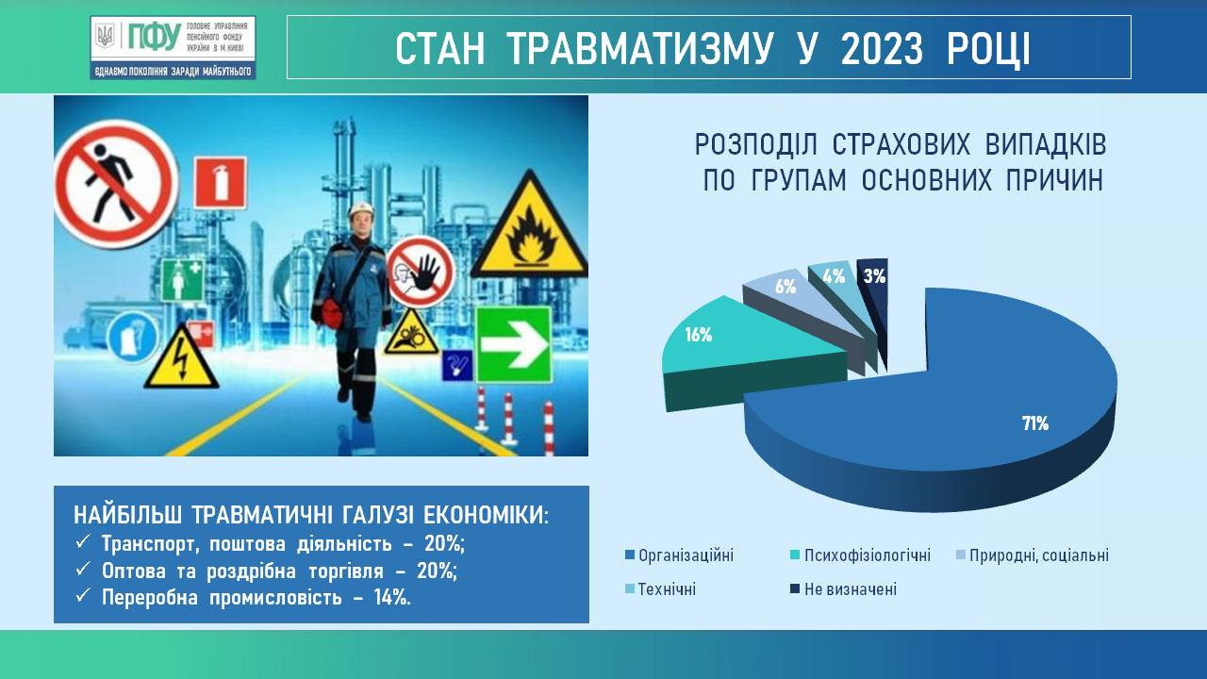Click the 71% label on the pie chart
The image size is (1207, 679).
[x=1035, y=423]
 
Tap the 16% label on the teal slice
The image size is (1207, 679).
[x=699, y=335]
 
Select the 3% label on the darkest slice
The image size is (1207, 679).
[x=874, y=276]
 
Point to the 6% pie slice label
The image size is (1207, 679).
[x=785, y=286]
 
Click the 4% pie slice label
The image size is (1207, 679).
[x=834, y=276]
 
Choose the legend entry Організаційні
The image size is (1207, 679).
[x=680, y=555]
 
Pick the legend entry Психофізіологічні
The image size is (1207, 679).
[x=861, y=555]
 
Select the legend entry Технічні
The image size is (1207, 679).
[x=661, y=589]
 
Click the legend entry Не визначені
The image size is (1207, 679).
[x=844, y=589]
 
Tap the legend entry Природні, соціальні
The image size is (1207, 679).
[x=1033, y=555]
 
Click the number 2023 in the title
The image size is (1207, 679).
[x=882, y=49]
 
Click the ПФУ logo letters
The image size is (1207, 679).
[x=155, y=37]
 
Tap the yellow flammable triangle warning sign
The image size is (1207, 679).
[x=530, y=224]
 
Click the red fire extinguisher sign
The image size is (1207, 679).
[x=221, y=183]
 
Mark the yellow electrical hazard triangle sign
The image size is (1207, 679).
[x=182, y=356]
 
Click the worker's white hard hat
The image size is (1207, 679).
[x=361, y=208]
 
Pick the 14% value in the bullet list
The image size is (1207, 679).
[x=392, y=598]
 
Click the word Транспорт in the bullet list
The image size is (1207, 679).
[x=150, y=544]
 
